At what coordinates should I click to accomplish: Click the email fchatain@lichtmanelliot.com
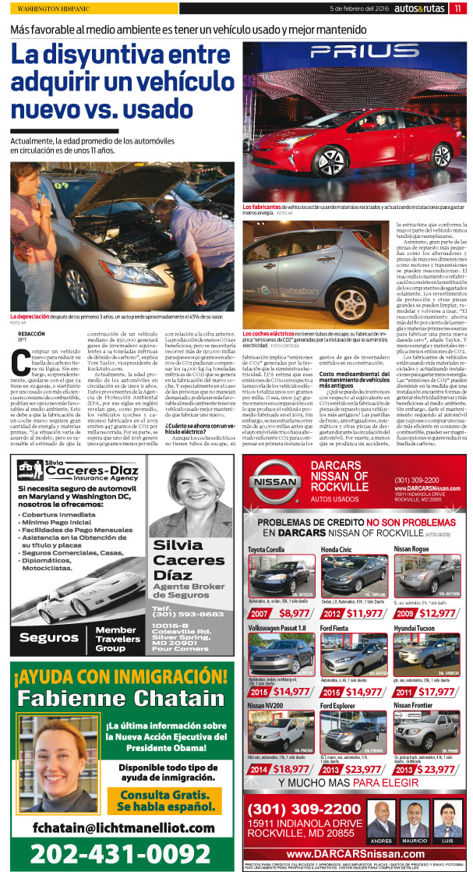(x=117, y=827)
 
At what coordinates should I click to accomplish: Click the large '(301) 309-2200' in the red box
(x=302, y=810)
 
